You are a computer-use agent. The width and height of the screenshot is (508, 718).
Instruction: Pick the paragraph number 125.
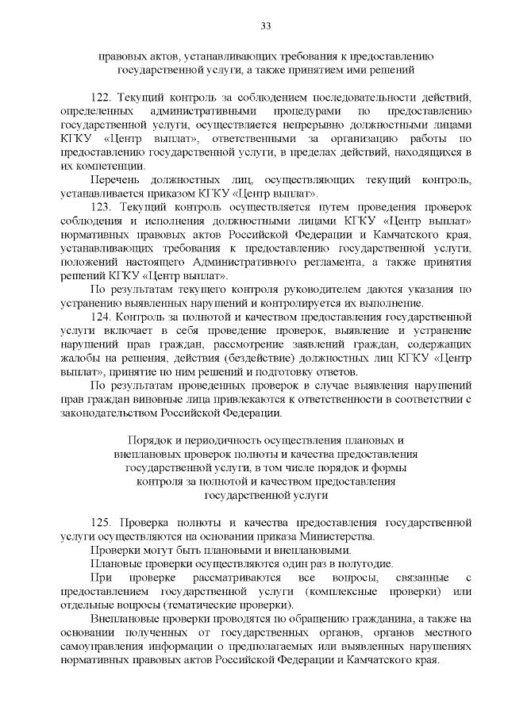(102, 522)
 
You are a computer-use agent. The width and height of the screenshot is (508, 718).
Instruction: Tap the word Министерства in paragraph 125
(320, 536)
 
